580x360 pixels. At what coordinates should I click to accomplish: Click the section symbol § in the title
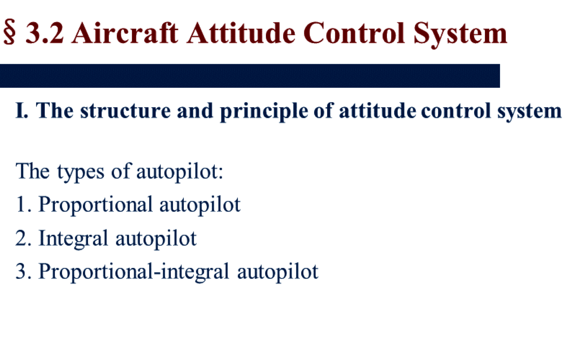(x=9, y=32)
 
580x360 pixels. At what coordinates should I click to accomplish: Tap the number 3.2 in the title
(x=45, y=33)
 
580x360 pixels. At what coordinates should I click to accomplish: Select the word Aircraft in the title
(x=125, y=33)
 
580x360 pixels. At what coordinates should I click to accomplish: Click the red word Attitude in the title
(x=241, y=33)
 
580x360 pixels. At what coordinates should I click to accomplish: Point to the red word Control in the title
(x=354, y=33)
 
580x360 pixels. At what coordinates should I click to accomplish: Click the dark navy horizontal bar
(x=250, y=76)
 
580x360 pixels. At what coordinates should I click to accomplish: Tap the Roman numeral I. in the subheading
(x=22, y=110)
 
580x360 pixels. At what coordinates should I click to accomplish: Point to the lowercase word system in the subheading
(x=529, y=112)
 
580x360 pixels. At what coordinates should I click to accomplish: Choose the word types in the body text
(x=81, y=172)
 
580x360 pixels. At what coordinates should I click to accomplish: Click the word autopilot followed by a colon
(x=180, y=172)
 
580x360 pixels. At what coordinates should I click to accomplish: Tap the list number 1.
(x=23, y=204)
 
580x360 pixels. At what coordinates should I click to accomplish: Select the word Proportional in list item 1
(x=95, y=205)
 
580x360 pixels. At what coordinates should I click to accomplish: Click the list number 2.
(x=23, y=238)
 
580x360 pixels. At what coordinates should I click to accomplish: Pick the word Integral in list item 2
(x=73, y=239)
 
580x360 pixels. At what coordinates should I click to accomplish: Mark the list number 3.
(x=23, y=272)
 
